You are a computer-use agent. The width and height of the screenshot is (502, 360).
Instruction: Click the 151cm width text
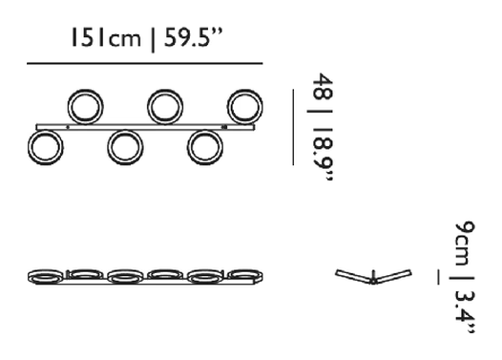(x=106, y=37)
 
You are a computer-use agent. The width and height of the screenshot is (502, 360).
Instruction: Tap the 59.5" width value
(x=193, y=37)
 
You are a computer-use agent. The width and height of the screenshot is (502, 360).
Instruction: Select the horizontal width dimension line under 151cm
(x=145, y=64)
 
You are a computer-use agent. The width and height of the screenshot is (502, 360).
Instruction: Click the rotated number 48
(x=323, y=86)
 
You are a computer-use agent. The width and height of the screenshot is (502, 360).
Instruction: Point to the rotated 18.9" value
(x=324, y=155)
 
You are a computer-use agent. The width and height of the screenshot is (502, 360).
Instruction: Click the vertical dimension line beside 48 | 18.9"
(x=293, y=127)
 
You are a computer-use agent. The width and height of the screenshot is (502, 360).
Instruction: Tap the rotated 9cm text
(x=465, y=244)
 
